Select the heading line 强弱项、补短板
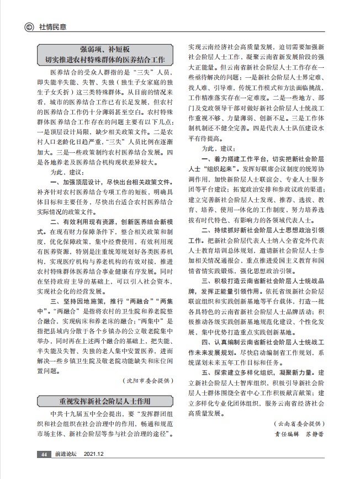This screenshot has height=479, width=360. (x=105, y=49)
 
